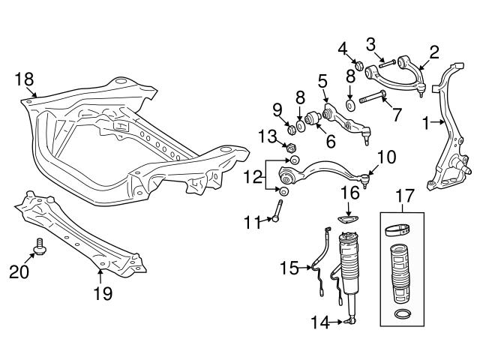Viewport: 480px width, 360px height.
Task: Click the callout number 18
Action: click(x=24, y=79)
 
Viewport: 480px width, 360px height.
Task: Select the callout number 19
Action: click(x=103, y=293)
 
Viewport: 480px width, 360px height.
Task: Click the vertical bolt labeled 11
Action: click(x=280, y=209)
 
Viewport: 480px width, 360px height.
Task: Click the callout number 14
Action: click(x=320, y=323)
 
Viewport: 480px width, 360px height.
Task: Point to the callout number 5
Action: click(x=322, y=80)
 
